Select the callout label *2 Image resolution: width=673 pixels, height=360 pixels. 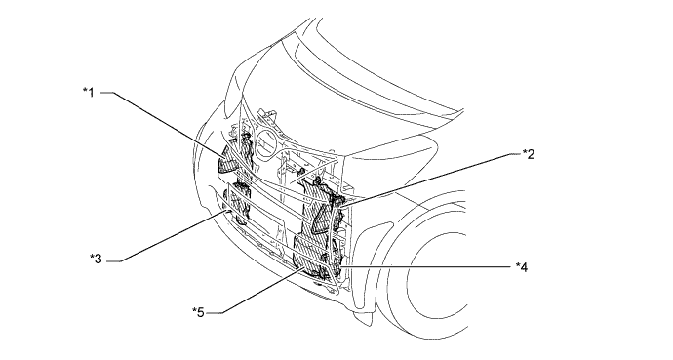[527, 153]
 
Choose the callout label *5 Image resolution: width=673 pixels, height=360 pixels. [198, 312]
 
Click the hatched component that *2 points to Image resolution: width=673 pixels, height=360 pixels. [322, 204]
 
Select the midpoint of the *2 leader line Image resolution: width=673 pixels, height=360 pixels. [429, 177]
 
